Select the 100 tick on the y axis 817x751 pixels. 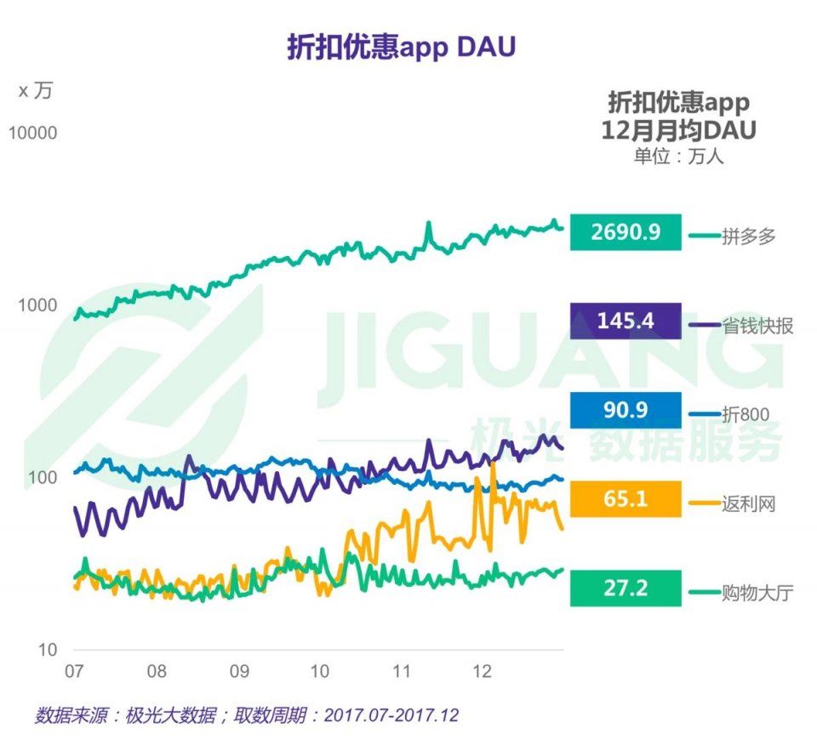[41, 477]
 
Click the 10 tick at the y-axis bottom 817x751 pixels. [45, 650]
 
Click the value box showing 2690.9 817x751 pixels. [626, 232]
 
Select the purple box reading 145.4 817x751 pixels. [626, 321]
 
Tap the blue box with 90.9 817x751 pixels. [626, 410]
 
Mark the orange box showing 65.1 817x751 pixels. [626, 498]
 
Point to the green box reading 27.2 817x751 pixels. [626, 588]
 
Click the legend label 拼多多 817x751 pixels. [749, 236]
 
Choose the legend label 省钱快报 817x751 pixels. [757, 326]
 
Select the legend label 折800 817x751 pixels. [746, 414]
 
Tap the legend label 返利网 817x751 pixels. [749, 504]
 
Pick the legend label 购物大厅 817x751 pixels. [757, 592]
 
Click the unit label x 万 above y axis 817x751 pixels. [35, 91]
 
